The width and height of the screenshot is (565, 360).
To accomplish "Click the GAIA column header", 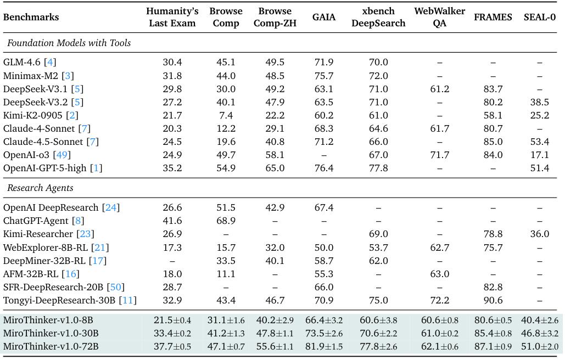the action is point(323,17).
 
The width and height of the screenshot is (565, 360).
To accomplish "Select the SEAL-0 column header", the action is point(539,17).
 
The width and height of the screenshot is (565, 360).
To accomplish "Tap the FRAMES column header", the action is point(493,17).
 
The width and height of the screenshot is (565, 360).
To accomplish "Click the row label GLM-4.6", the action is point(21,62).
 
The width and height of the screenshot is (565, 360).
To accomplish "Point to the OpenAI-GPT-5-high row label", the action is point(44,168).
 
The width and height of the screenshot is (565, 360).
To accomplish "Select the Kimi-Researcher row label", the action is point(38,234).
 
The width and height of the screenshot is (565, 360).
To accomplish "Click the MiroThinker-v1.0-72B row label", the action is point(51,346).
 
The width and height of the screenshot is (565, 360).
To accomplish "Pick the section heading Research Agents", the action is point(40,188).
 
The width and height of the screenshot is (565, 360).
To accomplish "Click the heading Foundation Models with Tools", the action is point(69,43).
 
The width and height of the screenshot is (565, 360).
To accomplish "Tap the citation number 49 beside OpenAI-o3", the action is point(61,155).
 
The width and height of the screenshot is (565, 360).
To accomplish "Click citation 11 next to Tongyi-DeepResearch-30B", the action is point(128,300).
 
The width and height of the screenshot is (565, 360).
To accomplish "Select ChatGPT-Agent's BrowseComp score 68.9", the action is point(226,221).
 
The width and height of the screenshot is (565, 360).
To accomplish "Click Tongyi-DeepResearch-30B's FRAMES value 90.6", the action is point(493,300).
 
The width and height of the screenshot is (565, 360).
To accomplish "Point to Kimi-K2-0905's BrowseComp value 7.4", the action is point(226,115).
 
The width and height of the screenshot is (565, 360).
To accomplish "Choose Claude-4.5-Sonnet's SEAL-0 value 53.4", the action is point(539,142).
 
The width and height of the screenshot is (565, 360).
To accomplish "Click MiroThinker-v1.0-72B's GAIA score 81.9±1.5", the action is point(323,346).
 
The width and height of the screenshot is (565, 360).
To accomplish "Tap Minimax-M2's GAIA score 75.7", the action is point(323,76).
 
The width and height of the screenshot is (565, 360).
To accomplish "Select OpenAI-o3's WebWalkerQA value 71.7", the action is point(440,155).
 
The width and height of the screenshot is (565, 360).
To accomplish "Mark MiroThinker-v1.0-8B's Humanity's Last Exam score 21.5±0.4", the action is point(172,320).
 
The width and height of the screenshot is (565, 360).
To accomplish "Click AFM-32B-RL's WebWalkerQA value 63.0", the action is point(440,274).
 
